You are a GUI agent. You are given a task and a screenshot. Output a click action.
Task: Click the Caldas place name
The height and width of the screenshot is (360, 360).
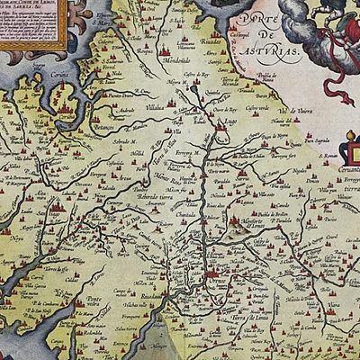(x=97, y=248)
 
